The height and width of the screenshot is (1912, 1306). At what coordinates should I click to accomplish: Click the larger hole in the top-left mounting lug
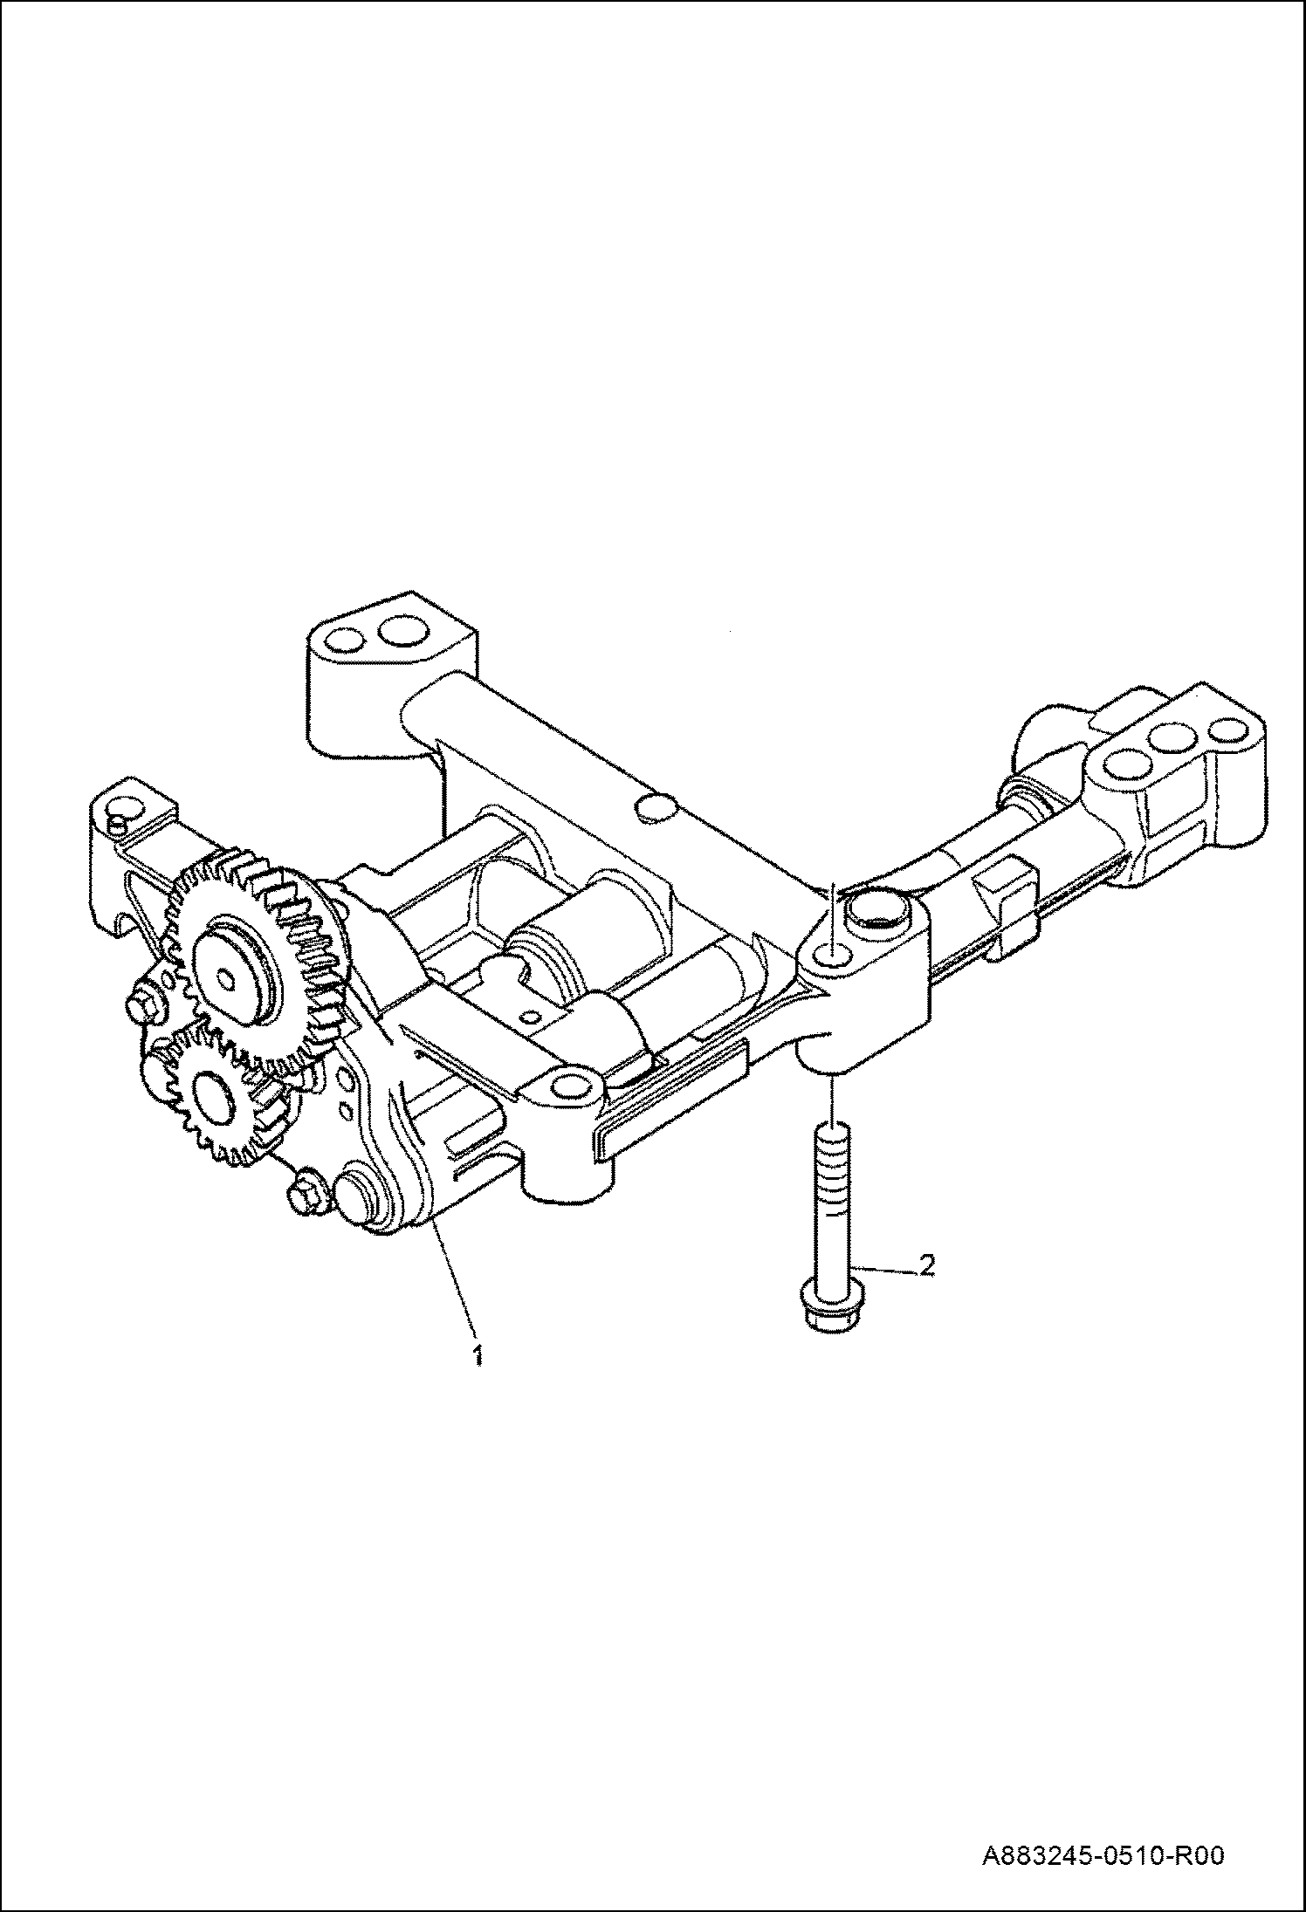click(403, 629)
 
